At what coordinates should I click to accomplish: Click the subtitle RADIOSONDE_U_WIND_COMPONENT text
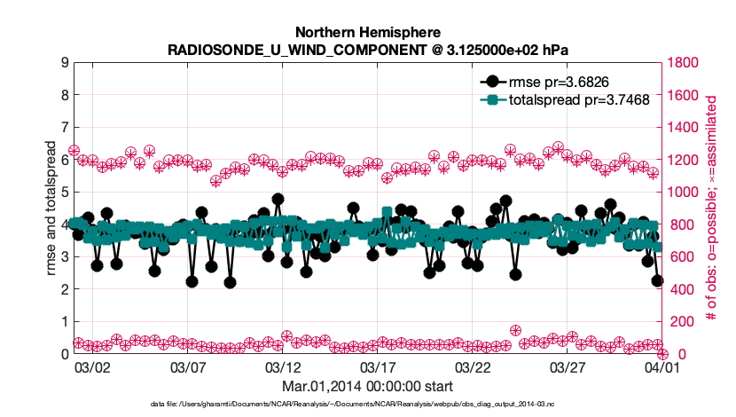click(x=367, y=49)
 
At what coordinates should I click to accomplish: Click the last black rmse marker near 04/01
click(x=657, y=280)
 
